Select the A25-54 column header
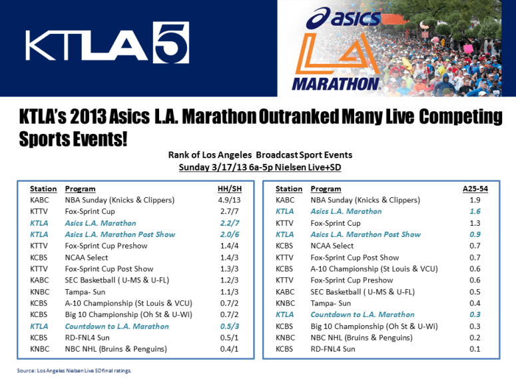coord(475,189)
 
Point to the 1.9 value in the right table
coord(475,200)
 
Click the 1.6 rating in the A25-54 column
coord(475,211)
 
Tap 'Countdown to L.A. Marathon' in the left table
coord(117,326)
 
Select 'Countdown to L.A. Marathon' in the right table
coord(362,314)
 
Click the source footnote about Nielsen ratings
coord(75,370)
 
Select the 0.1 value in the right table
coord(475,349)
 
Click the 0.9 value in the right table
coord(475,234)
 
